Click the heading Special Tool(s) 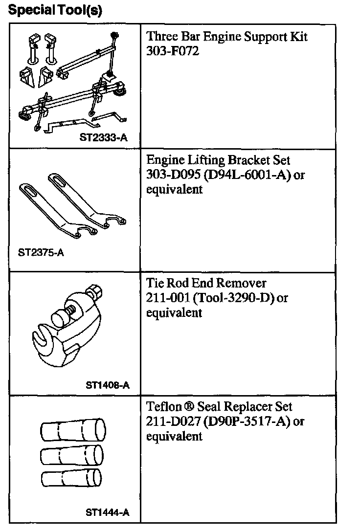point(55,10)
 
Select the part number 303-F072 point(173,51)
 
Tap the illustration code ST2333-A point(103,138)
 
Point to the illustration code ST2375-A point(41,253)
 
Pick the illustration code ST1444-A point(107,512)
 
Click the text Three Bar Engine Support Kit point(227,37)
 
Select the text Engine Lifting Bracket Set point(218,160)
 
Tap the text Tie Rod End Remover point(206,284)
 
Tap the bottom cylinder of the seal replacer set point(71,477)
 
